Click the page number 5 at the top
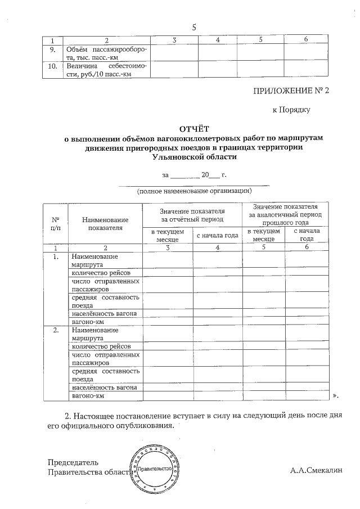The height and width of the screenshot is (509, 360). tap(194, 26)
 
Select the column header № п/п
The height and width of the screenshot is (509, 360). tap(56, 223)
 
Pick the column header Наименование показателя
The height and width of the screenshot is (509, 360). tap(105, 223)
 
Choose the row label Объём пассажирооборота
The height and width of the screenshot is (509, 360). tap(106, 53)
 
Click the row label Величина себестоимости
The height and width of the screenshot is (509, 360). tap(106, 70)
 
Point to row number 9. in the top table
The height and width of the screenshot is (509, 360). tap(52, 49)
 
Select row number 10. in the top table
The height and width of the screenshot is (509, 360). tap(52, 66)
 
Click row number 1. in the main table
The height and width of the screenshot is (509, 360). tap(56, 256)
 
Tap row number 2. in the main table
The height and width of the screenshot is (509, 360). tap(56, 330)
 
